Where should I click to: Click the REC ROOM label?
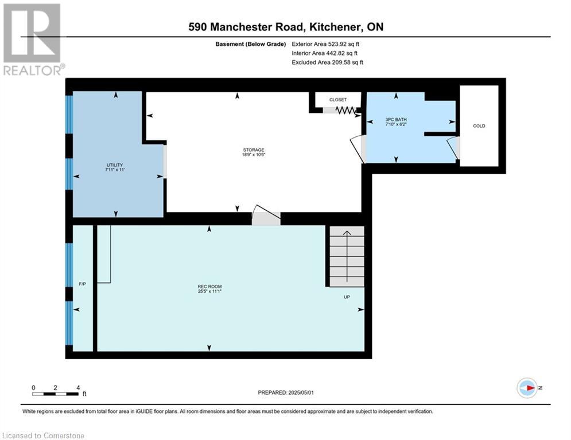click(210, 286)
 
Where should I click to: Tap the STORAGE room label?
click(254, 150)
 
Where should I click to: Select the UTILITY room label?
click(115, 165)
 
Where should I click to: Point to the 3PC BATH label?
click(396, 120)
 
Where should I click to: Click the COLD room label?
click(479, 126)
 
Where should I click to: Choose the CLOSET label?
click(338, 100)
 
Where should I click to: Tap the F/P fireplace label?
click(82, 284)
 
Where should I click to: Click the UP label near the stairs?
click(347, 297)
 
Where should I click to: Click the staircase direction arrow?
click(347, 256)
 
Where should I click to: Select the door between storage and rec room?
click(266, 215)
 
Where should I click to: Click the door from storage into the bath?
click(359, 149)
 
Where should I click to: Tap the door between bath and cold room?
click(454, 148)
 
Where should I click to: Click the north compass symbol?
click(527, 388)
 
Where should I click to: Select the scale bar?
click(55, 394)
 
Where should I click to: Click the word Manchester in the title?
click(257, 27)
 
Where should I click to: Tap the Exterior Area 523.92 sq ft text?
click(325, 44)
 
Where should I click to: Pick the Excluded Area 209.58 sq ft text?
click(327, 62)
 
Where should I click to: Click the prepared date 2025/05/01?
click(301, 392)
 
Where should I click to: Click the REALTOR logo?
click(33, 40)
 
